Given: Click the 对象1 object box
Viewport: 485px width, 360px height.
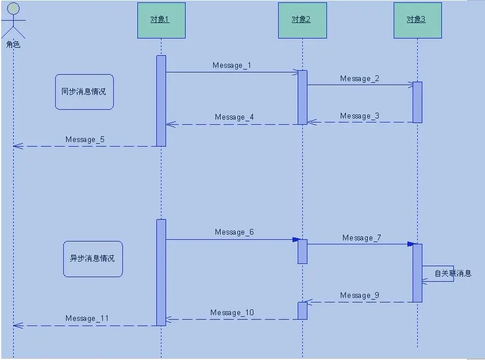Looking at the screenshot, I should [161, 20].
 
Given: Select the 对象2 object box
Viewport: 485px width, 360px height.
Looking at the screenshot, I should [302, 20].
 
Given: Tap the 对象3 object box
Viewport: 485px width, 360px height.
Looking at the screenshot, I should [417, 20].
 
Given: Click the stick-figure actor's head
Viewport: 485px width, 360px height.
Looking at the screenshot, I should [13, 8].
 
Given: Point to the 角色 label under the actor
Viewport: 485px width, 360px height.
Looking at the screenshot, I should [13, 44].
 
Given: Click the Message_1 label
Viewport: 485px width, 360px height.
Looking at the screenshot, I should [232, 66].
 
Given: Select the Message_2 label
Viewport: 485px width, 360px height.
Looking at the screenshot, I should [359, 79].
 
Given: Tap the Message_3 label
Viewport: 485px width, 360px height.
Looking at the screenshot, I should [359, 116].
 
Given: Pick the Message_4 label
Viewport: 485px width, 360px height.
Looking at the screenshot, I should [234, 117].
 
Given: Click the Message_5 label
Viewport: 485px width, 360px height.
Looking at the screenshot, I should [84, 140].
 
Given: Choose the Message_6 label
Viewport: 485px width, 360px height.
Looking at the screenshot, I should [234, 232].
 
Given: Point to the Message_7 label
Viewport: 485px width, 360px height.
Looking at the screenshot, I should [361, 238].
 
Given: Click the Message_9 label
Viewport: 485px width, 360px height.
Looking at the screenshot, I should [359, 296].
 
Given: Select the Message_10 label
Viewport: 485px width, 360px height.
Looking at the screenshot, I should [232, 313].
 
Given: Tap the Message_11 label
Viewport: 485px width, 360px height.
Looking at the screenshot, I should [87, 319].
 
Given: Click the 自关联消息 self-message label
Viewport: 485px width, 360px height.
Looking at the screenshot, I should [453, 274].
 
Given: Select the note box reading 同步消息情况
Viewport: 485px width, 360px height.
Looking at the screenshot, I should [84, 91].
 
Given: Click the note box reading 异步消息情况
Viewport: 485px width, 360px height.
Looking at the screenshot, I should [93, 259].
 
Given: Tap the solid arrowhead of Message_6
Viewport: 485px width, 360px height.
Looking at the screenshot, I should [296, 240].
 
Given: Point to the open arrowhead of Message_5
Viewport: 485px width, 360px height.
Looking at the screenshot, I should [17, 146].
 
